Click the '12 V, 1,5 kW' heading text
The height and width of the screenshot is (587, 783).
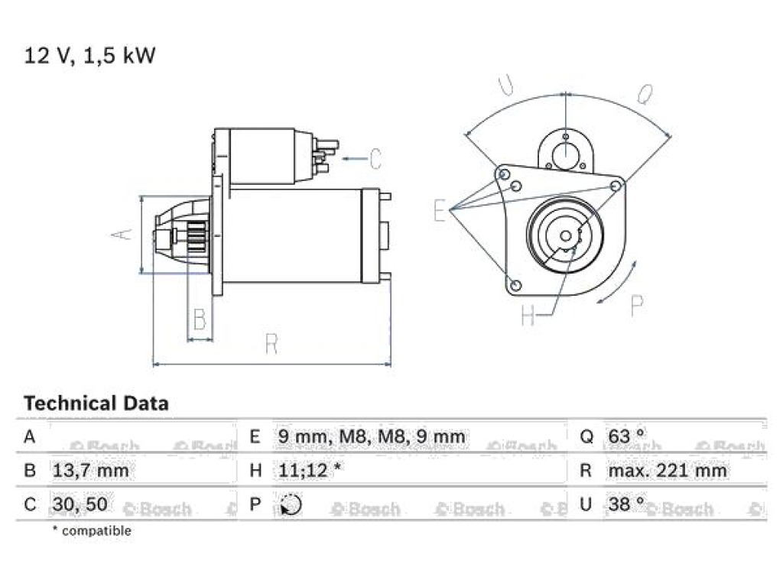tap(90, 55)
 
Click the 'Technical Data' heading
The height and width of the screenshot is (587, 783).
tap(96, 404)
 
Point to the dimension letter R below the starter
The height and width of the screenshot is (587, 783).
tap(271, 344)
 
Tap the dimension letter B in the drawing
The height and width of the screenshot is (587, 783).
tap(200, 319)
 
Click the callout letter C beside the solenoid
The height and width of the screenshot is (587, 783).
tap(375, 159)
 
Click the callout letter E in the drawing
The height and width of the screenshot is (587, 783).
tap(440, 210)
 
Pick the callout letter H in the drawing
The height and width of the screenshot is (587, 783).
tap(528, 315)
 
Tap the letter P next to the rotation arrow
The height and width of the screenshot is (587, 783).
tap(637, 305)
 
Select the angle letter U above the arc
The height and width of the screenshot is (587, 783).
tap(507, 85)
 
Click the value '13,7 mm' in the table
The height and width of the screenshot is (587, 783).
tap(90, 470)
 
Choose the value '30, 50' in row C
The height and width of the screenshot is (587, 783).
tap(80, 504)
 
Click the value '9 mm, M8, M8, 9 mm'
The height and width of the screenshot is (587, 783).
tap(372, 436)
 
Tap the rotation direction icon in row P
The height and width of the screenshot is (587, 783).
tap(291, 504)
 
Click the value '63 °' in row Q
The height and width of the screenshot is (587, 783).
tap(627, 436)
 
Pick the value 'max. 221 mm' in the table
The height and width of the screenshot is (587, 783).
tap(667, 470)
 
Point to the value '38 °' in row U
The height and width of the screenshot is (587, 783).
tap(627, 504)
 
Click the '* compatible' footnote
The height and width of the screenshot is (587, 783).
tap(92, 530)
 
